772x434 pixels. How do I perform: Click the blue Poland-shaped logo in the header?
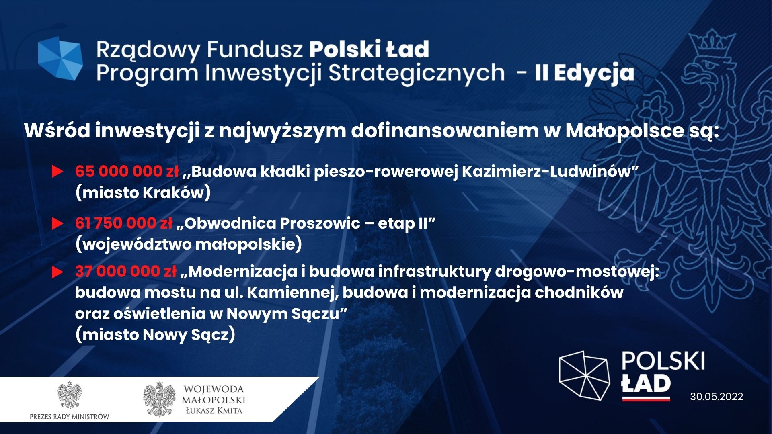(x=60, y=58)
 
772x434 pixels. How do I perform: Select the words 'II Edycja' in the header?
(x=584, y=74)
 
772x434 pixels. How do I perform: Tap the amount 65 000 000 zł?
(x=127, y=171)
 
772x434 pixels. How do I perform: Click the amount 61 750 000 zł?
(x=124, y=223)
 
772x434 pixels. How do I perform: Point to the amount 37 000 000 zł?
(x=126, y=272)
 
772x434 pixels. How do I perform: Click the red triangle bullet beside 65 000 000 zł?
(x=57, y=172)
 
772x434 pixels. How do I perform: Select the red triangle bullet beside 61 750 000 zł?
(x=57, y=223)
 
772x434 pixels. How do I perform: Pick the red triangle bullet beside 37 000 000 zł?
(x=57, y=272)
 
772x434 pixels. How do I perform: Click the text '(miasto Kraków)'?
(x=143, y=193)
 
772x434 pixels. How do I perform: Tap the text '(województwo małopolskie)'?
(x=189, y=244)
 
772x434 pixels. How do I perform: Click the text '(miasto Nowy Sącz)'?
(x=155, y=335)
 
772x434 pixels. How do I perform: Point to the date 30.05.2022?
(x=717, y=397)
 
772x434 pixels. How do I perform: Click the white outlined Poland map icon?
(x=584, y=375)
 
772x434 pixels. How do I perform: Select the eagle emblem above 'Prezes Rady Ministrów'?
(x=70, y=395)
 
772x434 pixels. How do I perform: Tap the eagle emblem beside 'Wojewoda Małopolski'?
(x=159, y=399)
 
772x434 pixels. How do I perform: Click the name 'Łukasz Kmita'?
(x=214, y=411)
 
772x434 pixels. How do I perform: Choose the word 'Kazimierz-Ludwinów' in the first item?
(x=547, y=172)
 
